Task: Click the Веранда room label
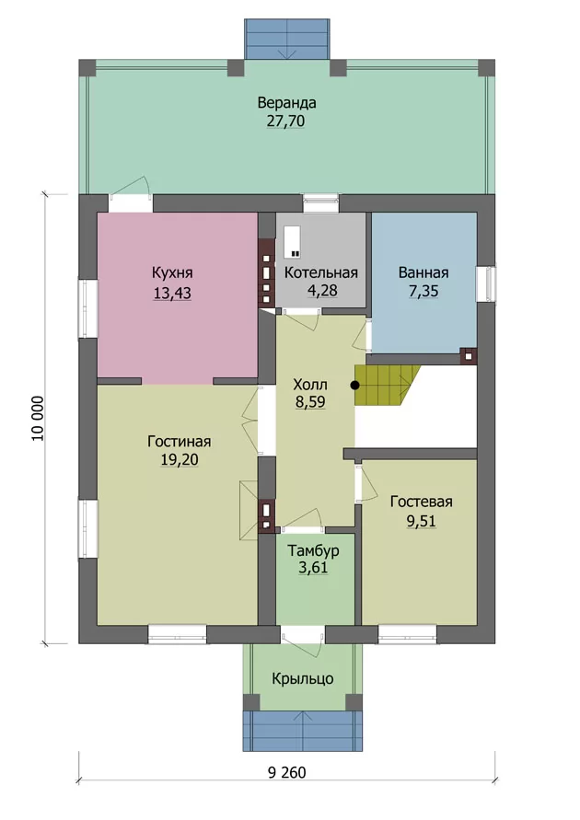(x=286, y=102)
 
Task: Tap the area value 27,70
(x=285, y=121)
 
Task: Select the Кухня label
(x=172, y=272)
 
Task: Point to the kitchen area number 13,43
(x=172, y=293)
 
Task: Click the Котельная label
(x=321, y=272)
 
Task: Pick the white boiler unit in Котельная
(x=293, y=242)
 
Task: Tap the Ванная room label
(x=423, y=272)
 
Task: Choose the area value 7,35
(x=423, y=292)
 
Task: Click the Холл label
(x=310, y=385)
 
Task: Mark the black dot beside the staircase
(x=355, y=386)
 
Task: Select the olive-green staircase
(x=387, y=385)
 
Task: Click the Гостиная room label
(x=180, y=442)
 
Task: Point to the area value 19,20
(x=180, y=459)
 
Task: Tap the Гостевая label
(x=421, y=502)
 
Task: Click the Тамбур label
(x=313, y=550)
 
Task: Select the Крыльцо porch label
(x=303, y=679)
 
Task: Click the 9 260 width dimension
(x=287, y=772)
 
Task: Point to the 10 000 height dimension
(x=38, y=419)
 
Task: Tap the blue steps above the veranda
(x=287, y=40)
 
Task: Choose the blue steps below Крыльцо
(x=303, y=731)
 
